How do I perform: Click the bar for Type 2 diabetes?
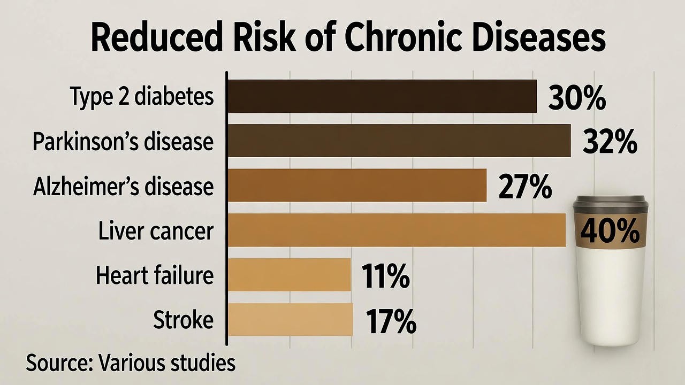(382, 96)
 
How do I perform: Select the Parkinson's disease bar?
(399, 141)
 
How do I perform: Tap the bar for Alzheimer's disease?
(357, 186)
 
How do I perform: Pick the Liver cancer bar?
(397, 230)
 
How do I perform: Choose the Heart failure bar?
(289, 275)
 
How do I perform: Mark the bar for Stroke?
(290, 319)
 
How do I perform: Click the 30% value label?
(577, 98)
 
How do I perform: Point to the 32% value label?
(610, 142)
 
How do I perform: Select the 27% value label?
(525, 187)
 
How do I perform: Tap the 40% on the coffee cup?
(610, 231)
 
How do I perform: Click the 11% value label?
(385, 276)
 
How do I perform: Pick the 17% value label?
(391, 321)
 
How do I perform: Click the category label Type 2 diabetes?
(142, 97)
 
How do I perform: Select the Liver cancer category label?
(156, 231)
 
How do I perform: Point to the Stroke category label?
(183, 320)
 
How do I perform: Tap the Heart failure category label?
(154, 275)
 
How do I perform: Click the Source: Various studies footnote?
(131, 362)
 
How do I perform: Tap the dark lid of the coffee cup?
(610, 205)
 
